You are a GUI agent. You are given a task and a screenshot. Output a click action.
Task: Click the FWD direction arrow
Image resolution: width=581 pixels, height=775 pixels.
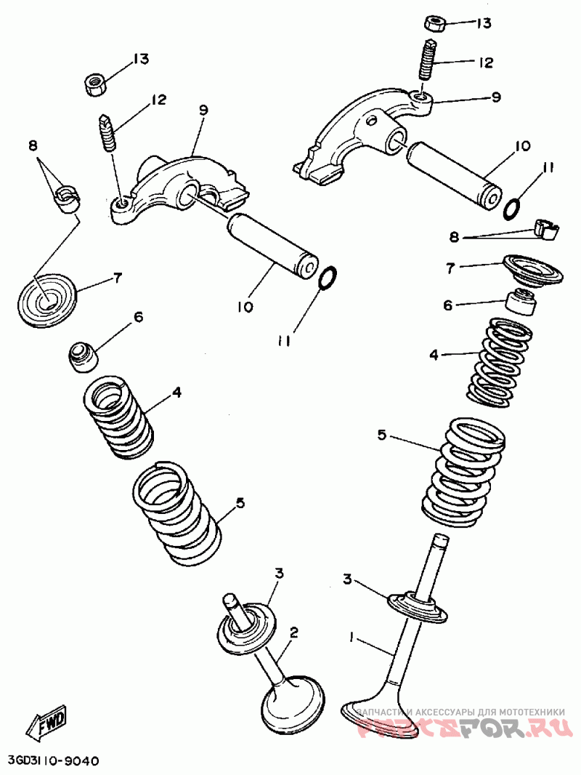(x=47, y=723)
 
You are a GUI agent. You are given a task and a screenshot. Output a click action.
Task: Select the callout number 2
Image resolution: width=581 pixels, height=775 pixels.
(x=293, y=632)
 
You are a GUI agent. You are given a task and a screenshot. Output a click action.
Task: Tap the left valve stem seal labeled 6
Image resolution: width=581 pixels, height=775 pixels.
(x=82, y=356)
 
